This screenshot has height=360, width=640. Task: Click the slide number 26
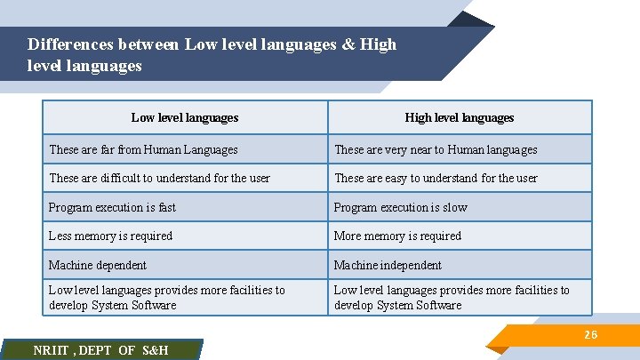[x=590, y=334]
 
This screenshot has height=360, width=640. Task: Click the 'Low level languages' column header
[x=185, y=117]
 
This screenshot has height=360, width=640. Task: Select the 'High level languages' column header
[x=460, y=117]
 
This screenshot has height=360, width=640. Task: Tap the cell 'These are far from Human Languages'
[x=143, y=150]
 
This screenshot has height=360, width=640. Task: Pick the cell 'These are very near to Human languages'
[x=436, y=150]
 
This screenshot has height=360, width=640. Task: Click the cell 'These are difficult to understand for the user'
[x=159, y=178]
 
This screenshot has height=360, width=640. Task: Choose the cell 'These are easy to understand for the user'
[x=436, y=178]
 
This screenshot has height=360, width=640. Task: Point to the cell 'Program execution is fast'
[x=112, y=207]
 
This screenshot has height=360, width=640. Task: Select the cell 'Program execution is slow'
[x=400, y=207]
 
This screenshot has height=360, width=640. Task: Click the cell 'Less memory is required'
[x=110, y=236]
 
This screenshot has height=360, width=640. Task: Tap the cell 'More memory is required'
[x=397, y=236]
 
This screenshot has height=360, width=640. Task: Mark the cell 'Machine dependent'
[x=98, y=265]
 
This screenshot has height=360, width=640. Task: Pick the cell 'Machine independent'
[x=388, y=265]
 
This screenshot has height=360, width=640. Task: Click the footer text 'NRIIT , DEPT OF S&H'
[x=100, y=350]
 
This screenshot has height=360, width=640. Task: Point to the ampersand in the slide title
[x=348, y=44]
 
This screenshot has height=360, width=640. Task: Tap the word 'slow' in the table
[x=454, y=207]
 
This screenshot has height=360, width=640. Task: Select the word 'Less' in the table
[x=60, y=236]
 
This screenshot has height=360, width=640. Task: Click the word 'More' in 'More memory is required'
[x=347, y=236]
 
